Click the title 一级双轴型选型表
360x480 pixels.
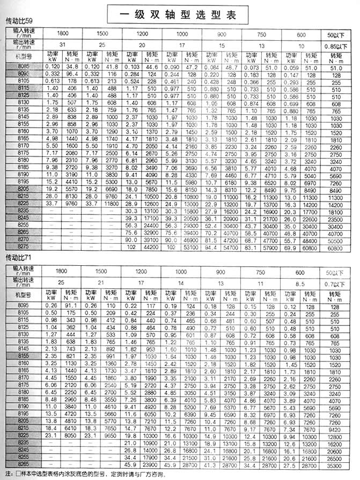click(x=180, y=13)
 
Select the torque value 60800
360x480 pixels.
click(x=339, y=249)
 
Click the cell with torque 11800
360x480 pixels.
click(x=112, y=203)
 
